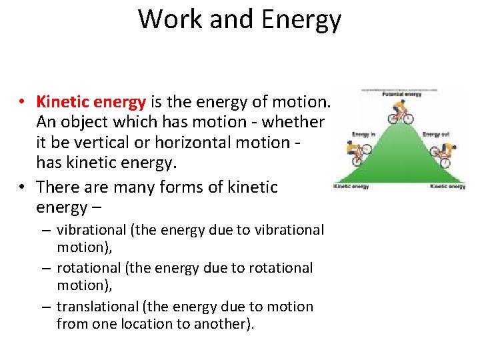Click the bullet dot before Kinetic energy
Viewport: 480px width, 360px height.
23,103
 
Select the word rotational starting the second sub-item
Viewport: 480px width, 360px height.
85,268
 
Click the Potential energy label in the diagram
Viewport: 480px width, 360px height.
399,95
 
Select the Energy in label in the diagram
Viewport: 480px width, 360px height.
363,135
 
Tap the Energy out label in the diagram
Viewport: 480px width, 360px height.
436,135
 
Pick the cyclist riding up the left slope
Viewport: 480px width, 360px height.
357,154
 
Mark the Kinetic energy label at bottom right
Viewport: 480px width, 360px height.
447,187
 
